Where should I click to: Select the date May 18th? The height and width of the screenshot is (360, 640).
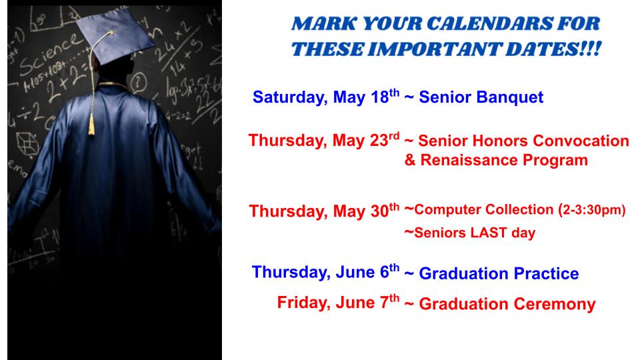[x=366, y=97]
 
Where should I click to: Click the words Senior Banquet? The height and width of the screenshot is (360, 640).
[x=481, y=97]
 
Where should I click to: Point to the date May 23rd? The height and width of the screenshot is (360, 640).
[x=366, y=140]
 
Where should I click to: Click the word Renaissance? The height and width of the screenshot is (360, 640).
[x=469, y=159]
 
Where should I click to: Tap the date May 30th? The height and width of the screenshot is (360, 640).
[x=366, y=211]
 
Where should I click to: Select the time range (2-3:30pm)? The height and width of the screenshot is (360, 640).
[x=592, y=209]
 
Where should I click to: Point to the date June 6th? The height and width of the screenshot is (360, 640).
[x=367, y=271]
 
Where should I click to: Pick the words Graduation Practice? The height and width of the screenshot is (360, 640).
[x=499, y=273]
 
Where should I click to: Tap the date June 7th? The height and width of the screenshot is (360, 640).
[x=367, y=302]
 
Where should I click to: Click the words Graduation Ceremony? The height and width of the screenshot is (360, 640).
[x=507, y=304]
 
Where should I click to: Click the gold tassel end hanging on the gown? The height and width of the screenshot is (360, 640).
[x=91, y=125]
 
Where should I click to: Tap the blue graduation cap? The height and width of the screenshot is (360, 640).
[x=115, y=36]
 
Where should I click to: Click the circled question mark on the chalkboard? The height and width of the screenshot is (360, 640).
[x=139, y=81]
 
